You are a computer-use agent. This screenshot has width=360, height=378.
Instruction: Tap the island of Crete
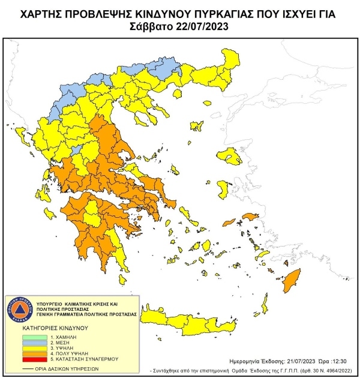click(198, 324)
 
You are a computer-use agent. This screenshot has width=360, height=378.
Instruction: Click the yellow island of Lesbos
click(231, 157)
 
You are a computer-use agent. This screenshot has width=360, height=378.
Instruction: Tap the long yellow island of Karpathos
click(262, 303)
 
